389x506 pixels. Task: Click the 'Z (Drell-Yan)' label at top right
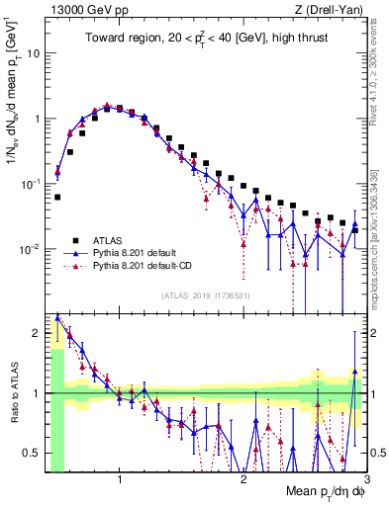tap(334, 9)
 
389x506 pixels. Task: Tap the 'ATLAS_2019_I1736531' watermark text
tap(205, 296)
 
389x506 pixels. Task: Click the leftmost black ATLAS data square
tap(57, 197)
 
